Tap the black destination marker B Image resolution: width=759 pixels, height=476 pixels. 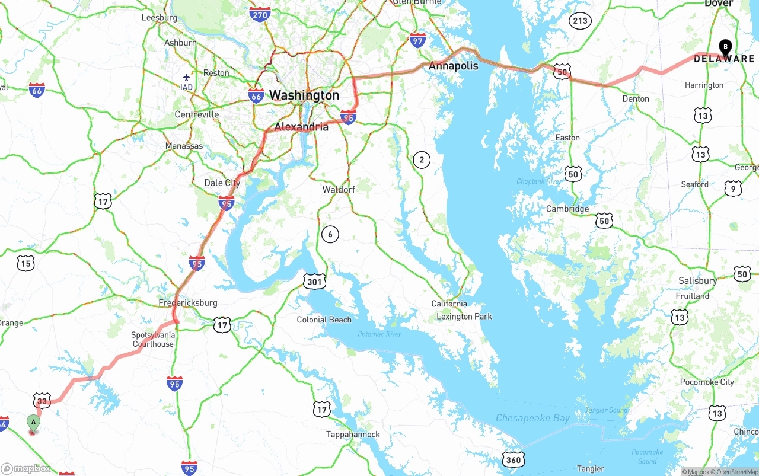(725, 47)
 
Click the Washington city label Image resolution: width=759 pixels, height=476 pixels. (304, 95)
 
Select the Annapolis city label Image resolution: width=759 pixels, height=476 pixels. (454, 66)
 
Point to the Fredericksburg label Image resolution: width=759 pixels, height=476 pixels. (188, 303)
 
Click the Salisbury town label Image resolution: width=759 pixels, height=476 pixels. (698, 280)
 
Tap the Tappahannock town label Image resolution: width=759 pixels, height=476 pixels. (353, 435)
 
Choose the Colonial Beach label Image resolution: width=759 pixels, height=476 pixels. (324, 320)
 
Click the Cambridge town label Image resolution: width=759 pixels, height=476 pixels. (567, 209)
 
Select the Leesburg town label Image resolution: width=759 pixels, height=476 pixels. (160, 18)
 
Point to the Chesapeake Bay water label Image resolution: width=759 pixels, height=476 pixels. (532, 419)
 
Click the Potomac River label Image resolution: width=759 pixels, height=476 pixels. (379, 334)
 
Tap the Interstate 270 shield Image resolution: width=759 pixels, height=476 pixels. (260, 15)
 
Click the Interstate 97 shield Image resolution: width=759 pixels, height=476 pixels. (417, 40)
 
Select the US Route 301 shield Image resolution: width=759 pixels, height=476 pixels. (314, 282)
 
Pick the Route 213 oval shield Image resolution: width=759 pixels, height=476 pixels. (580, 21)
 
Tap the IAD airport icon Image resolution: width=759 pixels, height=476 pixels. (187, 78)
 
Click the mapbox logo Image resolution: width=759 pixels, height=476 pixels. (26, 468)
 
